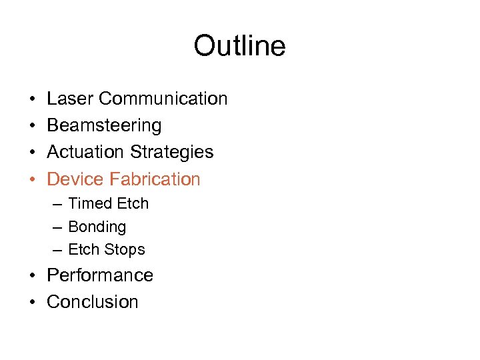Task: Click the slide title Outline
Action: [239, 47]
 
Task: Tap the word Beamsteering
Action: [104, 125]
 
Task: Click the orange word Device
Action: [75, 179]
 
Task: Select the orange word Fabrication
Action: [155, 179]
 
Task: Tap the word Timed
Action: [89, 203]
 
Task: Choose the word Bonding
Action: [97, 227]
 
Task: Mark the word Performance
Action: [100, 275]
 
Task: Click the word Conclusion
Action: [93, 301]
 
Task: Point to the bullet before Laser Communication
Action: [32, 99]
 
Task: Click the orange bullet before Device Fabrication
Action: [32, 179]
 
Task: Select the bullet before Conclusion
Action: [32, 302]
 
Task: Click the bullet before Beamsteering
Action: [32, 126]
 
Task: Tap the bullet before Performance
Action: [32, 276]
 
